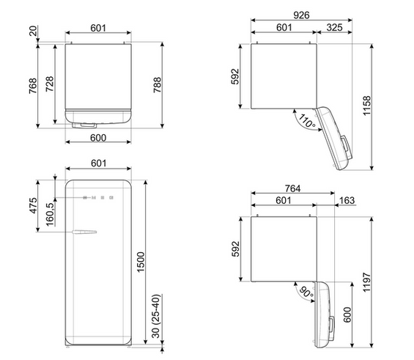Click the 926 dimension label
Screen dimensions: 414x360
pyautogui.click(x=301, y=15)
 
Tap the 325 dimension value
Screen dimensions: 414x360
pyautogui.click(x=334, y=27)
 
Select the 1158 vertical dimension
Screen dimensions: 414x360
pyautogui.click(x=367, y=106)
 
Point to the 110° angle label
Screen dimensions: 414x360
pyautogui.click(x=306, y=120)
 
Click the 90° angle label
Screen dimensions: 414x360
pyautogui.click(x=307, y=292)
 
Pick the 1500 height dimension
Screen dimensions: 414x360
pyautogui.click(x=141, y=262)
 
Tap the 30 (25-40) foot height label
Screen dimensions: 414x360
pyautogui.click(x=156, y=316)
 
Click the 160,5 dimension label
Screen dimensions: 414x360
pyautogui.click(x=50, y=215)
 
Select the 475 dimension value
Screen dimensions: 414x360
pyautogui.click(x=33, y=205)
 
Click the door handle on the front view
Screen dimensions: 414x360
pyautogui.click(x=84, y=232)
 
